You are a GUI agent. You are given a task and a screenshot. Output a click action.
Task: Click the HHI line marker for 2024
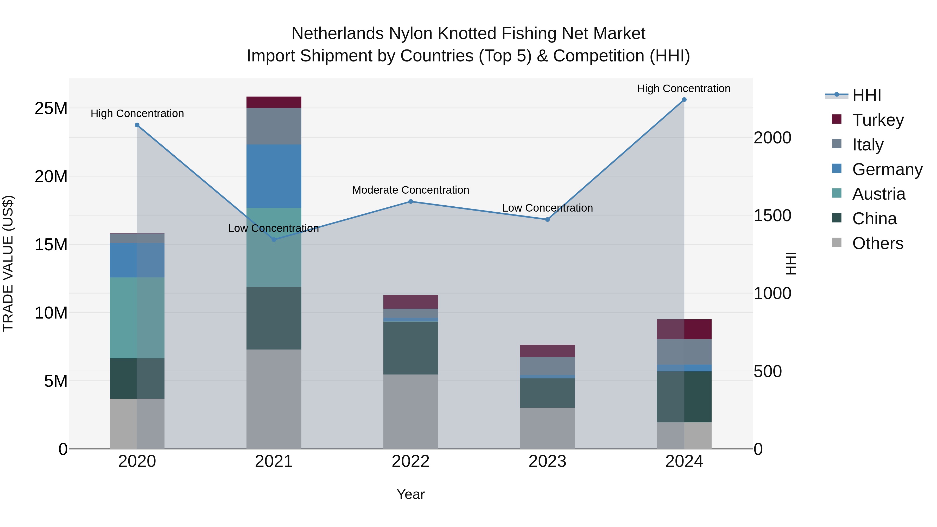click(x=684, y=100)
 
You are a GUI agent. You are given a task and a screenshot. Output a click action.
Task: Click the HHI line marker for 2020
click(x=137, y=125)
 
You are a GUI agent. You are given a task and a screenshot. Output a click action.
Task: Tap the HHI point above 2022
click(x=411, y=201)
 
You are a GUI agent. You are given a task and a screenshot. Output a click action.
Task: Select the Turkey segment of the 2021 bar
click(x=274, y=102)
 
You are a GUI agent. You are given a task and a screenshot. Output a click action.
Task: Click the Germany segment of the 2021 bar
click(x=274, y=176)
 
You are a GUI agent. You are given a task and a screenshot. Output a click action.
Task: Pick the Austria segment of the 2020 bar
click(x=137, y=318)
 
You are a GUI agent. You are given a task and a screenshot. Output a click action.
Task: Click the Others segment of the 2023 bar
click(x=547, y=428)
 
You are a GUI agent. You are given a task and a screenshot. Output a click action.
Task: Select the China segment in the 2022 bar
click(x=411, y=348)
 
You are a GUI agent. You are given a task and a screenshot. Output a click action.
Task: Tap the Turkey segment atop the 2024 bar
click(x=684, y=329)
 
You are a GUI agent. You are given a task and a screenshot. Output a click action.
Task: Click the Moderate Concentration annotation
click(x=411, y=190)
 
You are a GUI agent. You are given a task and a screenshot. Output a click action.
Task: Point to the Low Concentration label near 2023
click(x=547, y=208)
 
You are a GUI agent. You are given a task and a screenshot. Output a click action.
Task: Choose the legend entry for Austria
click(x=878, y=194)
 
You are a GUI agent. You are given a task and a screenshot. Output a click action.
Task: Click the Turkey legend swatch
click(x=837, y=119)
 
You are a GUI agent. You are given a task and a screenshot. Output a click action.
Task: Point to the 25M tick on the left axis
click(x=51, y=108)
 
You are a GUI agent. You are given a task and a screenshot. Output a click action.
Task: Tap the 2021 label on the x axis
click(x=274, y=461)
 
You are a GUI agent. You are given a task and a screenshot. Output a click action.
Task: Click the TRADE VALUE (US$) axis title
click(x=8, y=263)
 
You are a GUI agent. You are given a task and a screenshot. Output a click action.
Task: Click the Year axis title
click(x=411, y=494)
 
